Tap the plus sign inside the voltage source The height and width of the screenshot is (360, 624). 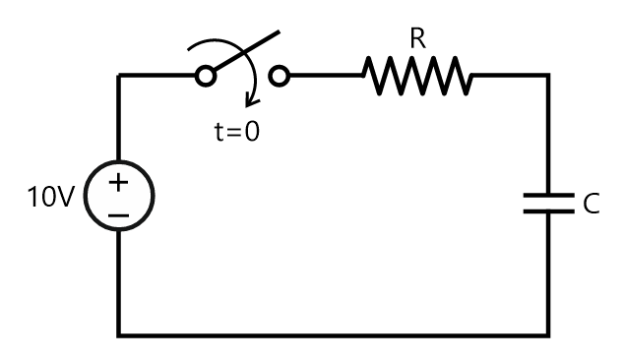118,182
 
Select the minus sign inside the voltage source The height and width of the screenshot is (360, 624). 118,212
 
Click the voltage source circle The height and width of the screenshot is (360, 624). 118,197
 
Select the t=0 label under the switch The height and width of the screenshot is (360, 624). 237,131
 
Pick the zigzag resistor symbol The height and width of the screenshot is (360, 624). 417,75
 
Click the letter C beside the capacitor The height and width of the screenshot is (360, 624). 591,204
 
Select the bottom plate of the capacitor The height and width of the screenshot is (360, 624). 548,211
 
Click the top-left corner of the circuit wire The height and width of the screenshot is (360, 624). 119,75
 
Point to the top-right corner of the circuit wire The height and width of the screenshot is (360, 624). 548,75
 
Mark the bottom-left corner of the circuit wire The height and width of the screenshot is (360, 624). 119,334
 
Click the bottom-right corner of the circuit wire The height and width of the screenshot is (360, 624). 548,334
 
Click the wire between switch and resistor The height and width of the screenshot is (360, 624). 325,75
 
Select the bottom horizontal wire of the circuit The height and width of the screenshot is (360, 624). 335,334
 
